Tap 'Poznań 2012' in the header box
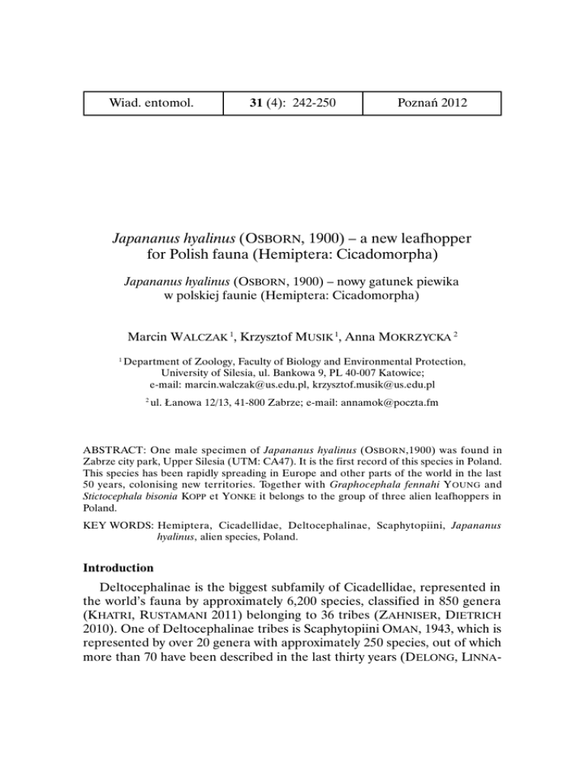click(432, 104)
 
